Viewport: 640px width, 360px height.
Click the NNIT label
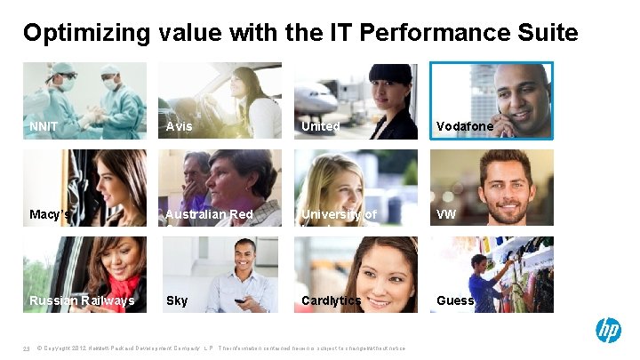[x=44, y=126]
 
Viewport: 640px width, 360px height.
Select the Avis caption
[x=179, y=126]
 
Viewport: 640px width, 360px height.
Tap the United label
[x=320, y=126]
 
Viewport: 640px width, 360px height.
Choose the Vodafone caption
[x=464, y=126]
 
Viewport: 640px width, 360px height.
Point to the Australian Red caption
[x=209, y=214]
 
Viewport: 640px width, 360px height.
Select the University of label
[x=339, y=214]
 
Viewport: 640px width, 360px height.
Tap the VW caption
[x=445, y=214]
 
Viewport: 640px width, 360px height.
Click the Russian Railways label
[x=82, y=300]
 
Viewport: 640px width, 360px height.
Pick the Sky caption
[x=177, y=300]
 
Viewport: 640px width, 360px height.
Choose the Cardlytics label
[x=331, y=300]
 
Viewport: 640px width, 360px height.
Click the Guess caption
[x=455, y=300]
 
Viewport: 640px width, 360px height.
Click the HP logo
[x=608, y=331]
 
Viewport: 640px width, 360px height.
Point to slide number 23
[x=27, y=348]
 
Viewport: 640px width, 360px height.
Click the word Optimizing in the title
[x=87, y=34]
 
